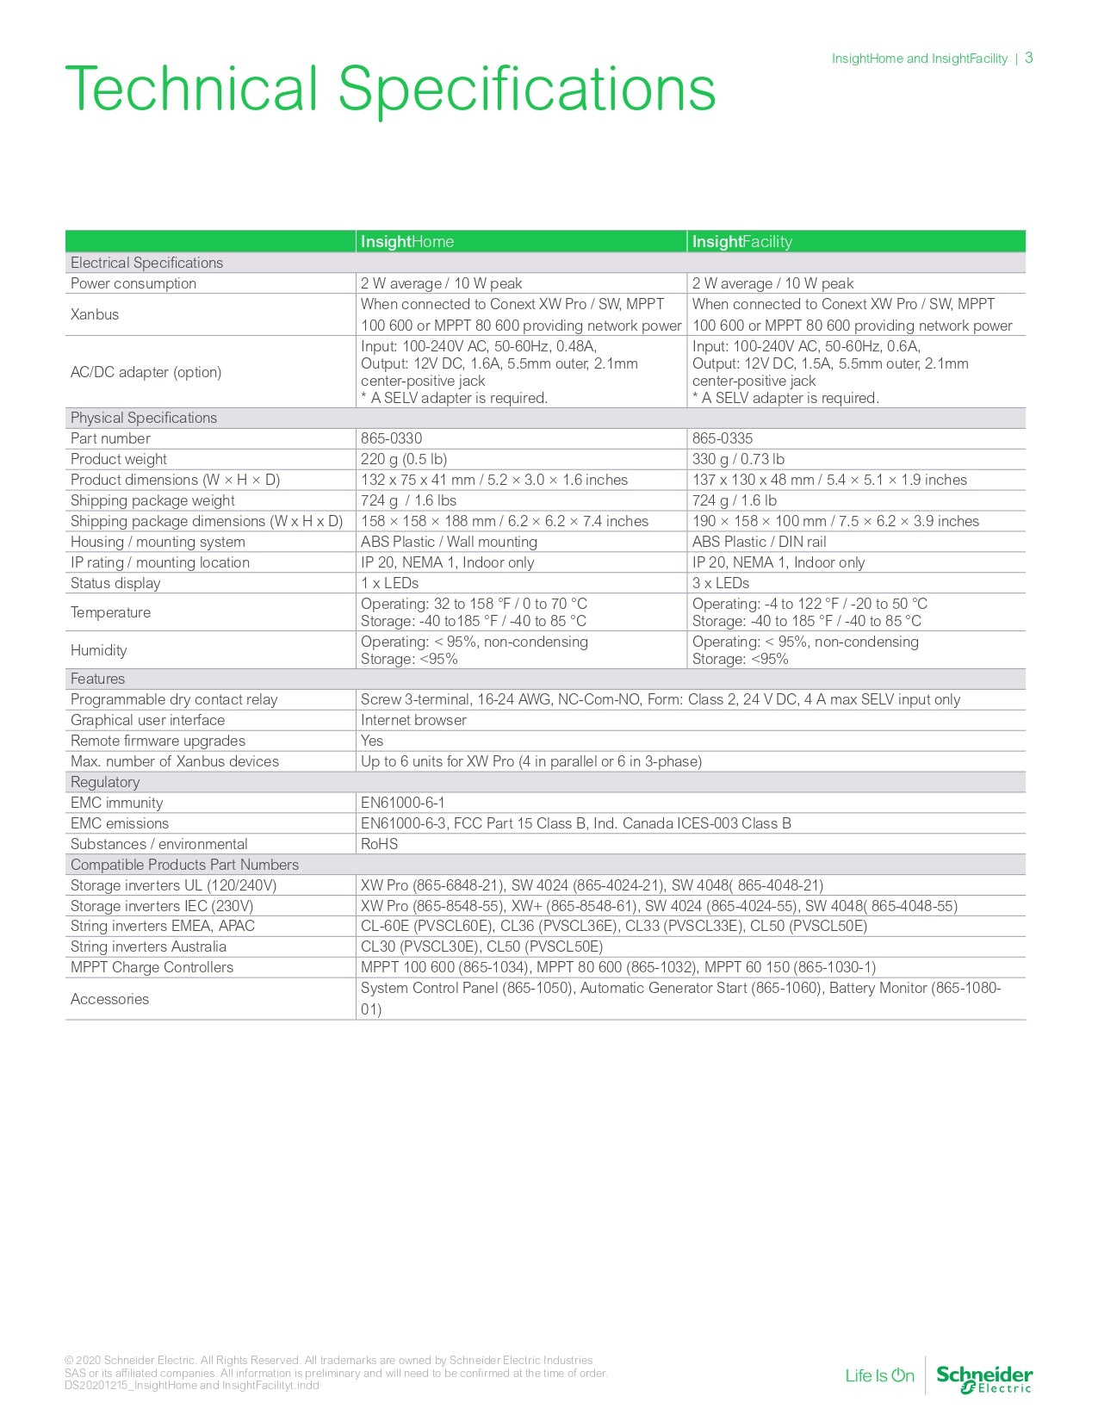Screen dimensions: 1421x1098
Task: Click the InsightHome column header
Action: point(407,242)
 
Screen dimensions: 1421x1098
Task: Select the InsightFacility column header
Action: point(741,242)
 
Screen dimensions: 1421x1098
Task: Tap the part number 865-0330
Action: point(391,438)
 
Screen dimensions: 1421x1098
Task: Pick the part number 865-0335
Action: point(723,438)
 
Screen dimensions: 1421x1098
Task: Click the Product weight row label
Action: point(119,459)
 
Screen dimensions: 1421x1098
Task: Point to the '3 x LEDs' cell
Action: point(721,583)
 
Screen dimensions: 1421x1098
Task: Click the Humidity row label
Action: point(99,650)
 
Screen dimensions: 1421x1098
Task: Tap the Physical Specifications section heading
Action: point(144,418)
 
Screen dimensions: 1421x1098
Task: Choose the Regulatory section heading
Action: point(105,782)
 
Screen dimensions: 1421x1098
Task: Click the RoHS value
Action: point(379,844)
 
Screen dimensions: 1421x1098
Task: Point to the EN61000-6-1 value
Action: point(403,803)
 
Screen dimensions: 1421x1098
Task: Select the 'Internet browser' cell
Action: point(413,720)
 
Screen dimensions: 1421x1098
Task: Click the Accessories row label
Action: point(109,999)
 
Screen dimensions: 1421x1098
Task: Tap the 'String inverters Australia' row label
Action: point(148,946)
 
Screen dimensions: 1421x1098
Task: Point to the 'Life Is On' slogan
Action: point(879,1375)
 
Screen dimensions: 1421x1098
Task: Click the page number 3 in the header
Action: point(1028,58)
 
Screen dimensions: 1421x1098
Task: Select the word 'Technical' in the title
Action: point(191,89)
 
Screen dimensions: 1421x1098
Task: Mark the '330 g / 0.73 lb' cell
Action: point(738,459)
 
